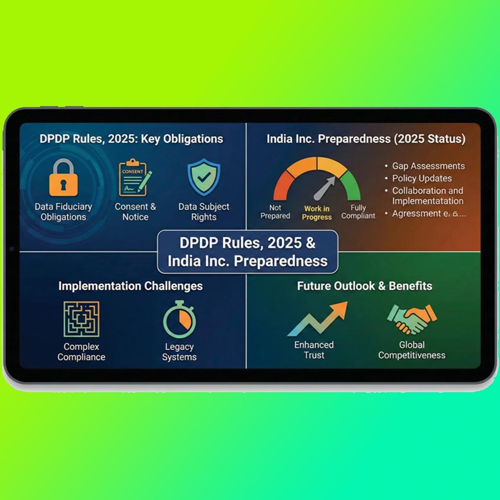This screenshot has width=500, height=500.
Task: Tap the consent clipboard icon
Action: tap(134, 177)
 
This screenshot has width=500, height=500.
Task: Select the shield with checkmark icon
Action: tap(203, 177)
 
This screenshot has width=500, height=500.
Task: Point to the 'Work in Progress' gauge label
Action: tap(317, 213)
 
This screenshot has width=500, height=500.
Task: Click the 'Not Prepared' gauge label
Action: tap(275, 212)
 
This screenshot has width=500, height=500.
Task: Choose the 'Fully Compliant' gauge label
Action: tap(358, 212)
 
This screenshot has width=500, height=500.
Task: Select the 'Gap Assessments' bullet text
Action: tap(428, 166)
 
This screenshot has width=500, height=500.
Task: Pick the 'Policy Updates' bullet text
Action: tap(422, 178)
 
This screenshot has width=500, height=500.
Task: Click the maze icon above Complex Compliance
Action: tap(81, 319)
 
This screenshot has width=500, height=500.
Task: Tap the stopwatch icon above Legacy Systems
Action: tap(179, 319)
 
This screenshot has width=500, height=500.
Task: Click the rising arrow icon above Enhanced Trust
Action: tap(317, 319)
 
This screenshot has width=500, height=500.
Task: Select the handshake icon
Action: tap(409, 320)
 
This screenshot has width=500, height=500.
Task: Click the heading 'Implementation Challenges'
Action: tap(130, 286)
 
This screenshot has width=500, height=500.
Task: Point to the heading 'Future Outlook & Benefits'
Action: tap(364, 286)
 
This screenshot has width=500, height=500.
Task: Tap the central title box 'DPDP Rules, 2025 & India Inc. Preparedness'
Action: tap(248, 252)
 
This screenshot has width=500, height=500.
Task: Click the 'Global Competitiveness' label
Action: tap(412, 350)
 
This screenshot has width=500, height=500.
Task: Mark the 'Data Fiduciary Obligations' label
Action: tap(63, 212)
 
